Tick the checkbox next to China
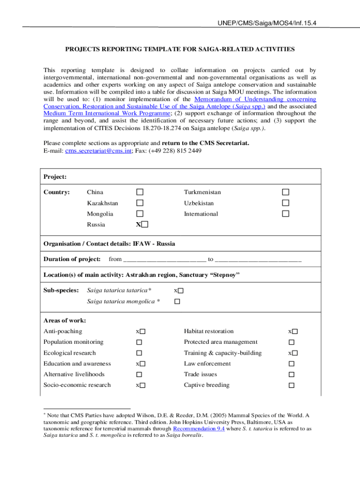140,192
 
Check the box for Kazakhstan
140,203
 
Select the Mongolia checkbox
140,214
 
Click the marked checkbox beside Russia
144,225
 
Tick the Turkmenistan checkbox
285,192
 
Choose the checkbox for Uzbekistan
285,203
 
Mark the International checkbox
285,214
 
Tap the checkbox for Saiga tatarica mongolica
177,302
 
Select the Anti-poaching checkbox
143,332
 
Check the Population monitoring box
139,342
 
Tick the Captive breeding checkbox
291,385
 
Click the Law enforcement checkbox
291,364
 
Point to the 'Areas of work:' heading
65,320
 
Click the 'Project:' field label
55,177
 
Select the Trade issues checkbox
291,375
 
